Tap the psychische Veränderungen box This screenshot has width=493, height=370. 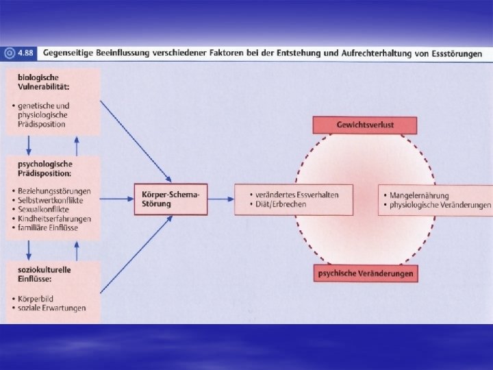tap(365, 273)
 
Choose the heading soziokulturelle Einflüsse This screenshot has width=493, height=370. tap(41, 274)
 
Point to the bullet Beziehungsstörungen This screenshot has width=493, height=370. tap(55, 190)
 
